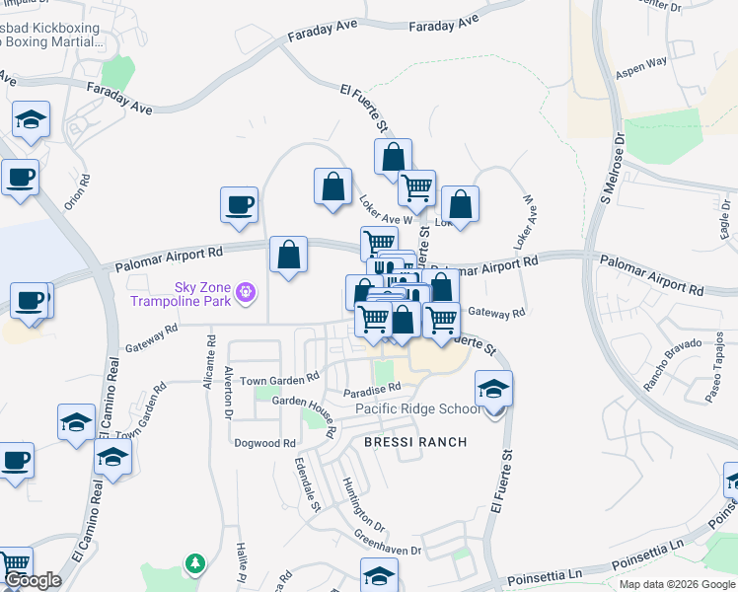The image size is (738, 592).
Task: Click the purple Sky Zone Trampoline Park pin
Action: point(246,292)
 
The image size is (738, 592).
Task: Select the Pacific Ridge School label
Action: point(418,409)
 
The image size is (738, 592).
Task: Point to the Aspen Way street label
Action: point(641,67)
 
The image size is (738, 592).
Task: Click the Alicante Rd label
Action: point(211,361)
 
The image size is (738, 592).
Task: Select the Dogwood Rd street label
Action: point(264,444)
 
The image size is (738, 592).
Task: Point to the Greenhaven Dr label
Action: point(388,543)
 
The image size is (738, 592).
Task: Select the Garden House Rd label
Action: point(305,402)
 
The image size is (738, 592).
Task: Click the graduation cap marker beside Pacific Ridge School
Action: point(493,389)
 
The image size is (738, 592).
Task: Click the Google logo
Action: point(32,580)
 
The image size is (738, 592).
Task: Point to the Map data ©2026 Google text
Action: point(676,584)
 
